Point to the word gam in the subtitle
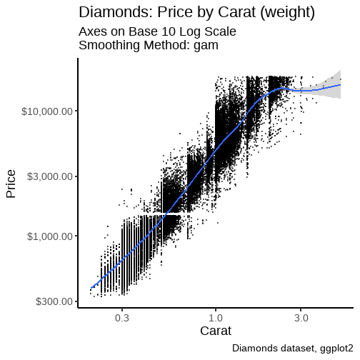point(205,45)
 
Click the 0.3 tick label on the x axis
point(121,317)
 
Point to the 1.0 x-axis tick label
point(216,317)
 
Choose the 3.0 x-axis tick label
point(301,317)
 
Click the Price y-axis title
point(11,184)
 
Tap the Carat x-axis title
point(215,331)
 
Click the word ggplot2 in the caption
point(334,349)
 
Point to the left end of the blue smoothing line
point(91,289)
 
